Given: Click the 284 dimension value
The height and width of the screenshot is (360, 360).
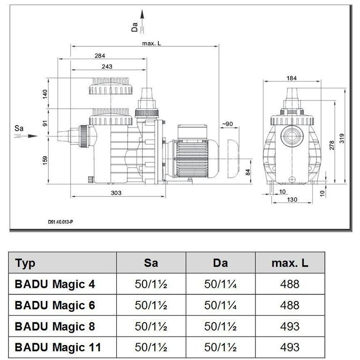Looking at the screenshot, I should coord(99,55).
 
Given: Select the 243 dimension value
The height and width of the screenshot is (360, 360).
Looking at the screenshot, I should coord(107,67).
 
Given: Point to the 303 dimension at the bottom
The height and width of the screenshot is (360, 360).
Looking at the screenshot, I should coord(117,193).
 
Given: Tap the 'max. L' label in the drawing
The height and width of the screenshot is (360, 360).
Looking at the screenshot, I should coord(152,44).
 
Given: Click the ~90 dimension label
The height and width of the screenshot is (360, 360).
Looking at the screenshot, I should coord(227,124).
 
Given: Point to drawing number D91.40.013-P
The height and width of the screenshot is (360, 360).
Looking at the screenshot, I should coord(60,222).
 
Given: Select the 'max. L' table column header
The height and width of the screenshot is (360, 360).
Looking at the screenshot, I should coord(290,263).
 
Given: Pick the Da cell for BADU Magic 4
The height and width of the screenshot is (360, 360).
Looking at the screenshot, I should coord(220,284).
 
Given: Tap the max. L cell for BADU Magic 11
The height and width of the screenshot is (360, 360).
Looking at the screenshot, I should coord(290,347).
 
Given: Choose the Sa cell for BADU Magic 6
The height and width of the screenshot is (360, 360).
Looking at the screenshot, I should coord(151,305).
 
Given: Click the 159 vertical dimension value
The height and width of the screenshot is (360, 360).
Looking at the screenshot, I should coord(45,160).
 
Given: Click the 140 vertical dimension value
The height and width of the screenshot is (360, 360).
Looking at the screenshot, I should coord(45,94).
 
